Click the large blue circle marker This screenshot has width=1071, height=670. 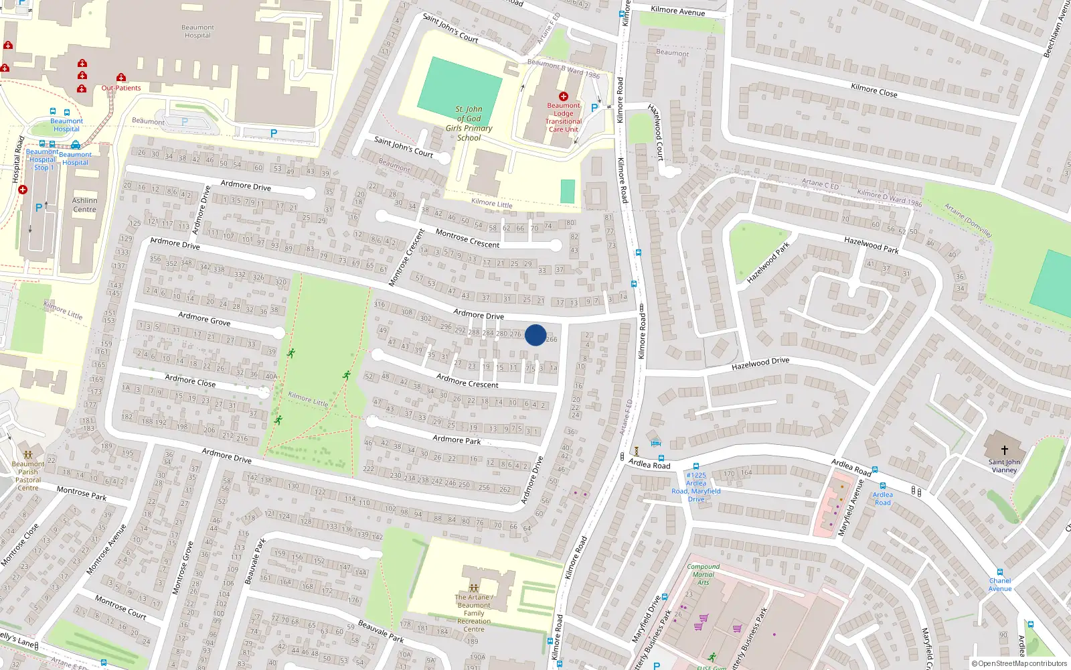(535, 335)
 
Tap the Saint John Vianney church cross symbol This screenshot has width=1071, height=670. (1004, 450)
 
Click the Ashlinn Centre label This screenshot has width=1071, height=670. (84, 205)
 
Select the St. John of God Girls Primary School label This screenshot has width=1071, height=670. (469, 123)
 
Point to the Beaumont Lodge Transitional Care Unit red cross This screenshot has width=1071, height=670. (564, 96)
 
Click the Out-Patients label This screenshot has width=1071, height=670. (121, 88)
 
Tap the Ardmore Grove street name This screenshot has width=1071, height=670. (204, 319)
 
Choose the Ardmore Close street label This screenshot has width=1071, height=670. (190, 381)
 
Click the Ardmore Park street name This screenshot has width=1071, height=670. (457, 440)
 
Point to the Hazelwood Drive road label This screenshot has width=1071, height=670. (760, 364)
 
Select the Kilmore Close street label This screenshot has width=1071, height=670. (874, 90)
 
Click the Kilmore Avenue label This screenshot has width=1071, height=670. (677, 11)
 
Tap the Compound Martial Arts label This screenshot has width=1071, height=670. (704, 574)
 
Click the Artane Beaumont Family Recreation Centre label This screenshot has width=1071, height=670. (474, 613)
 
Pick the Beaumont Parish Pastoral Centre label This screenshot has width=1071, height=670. (28, 476)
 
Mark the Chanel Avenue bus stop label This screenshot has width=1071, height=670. (1000, 585)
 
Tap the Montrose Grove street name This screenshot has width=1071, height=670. (183, 567)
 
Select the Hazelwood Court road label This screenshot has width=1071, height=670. (656, 132)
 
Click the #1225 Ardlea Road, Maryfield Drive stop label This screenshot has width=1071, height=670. (696, 487)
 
